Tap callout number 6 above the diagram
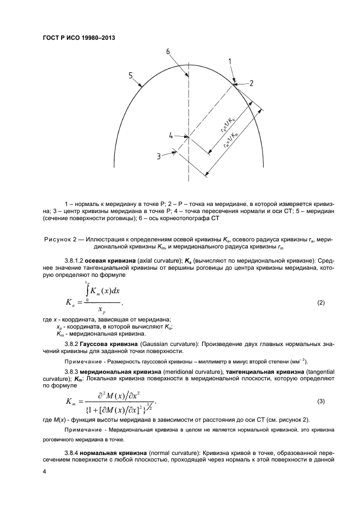coord(168,52)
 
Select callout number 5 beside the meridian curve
coord(131,76)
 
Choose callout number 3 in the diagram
coord(158,156)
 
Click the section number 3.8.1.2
coord(72,260)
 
